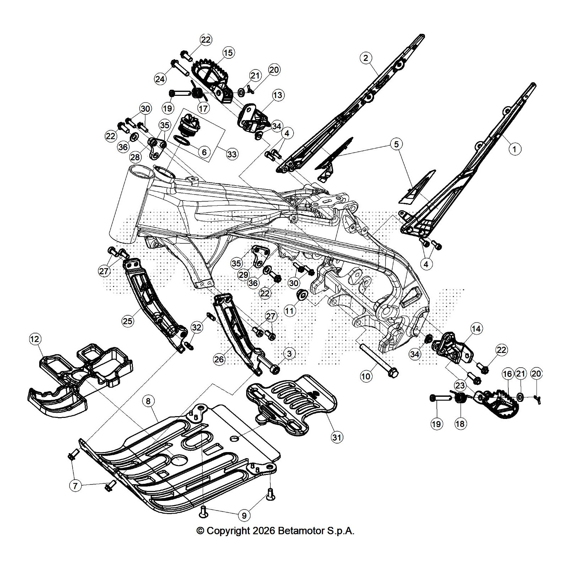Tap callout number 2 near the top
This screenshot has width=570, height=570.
pos(366,58)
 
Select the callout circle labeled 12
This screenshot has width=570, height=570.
pos(35,339)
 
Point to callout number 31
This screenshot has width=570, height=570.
pos(337,437)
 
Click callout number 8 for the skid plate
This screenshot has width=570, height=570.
pos(148,401)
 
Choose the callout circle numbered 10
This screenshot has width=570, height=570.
pos(366,376)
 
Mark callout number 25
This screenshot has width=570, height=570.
pos(128,321)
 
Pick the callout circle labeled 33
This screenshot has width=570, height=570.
pos(232,154)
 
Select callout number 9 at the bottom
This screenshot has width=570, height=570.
pos(244,515)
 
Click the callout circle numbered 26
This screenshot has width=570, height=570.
pos(219,359)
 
